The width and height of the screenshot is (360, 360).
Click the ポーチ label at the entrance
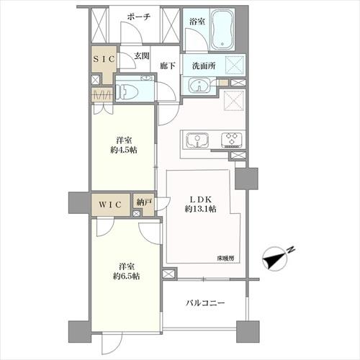point(139,17)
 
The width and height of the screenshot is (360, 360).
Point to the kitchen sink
point(197,140)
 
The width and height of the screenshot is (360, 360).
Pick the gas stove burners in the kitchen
point(232,140)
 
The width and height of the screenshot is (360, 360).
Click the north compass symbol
point(276,258)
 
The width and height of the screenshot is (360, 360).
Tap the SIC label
point(104,59)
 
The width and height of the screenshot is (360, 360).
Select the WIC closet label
point(110,204)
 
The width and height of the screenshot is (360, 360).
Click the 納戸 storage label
point(144,202)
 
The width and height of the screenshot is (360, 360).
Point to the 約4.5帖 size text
point(124,150)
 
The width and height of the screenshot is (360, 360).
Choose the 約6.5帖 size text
point(126,276)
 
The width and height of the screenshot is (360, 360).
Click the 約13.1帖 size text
point(201,209)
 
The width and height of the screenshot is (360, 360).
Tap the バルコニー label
point(205,303)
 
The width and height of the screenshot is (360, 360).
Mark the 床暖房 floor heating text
point(225,258)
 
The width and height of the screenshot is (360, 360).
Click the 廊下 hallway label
point(168,66)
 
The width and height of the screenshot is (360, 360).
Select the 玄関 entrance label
point(142,56)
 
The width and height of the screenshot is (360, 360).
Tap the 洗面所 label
point(204,66)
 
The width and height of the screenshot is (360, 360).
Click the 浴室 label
point(197,22)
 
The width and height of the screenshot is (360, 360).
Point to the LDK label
point(201,199)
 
